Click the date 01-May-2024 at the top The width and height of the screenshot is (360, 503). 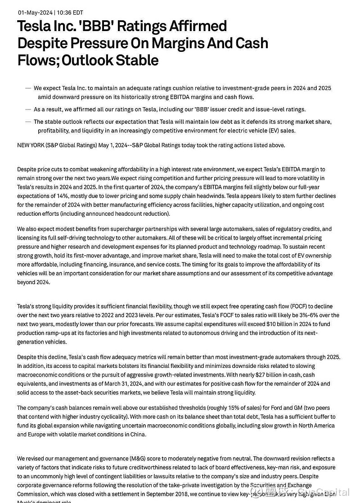(x=35, y=13)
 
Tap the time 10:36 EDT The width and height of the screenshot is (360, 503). (x=69, y=13)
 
